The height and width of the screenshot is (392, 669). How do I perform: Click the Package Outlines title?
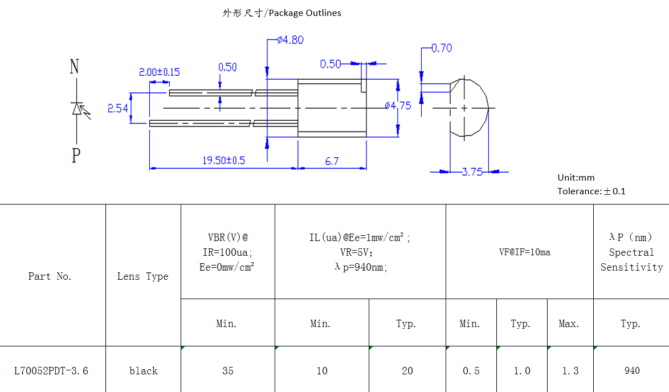pos(282,13)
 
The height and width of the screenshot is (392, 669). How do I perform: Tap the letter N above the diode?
pos(74,67)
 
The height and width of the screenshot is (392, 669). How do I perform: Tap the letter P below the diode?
pos(76,155)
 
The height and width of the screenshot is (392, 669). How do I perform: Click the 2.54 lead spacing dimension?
pos(118,108)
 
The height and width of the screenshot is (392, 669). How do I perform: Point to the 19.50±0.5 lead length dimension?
pos(223,161)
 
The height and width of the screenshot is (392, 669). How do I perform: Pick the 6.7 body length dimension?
pos(332,161)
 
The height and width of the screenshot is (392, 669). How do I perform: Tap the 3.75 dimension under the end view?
pos(471,172)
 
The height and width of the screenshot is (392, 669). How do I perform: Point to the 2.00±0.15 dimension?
pos(159,72)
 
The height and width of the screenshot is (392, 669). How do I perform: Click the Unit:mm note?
pos(576,177)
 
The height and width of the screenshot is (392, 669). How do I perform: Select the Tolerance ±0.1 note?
pos(591,191)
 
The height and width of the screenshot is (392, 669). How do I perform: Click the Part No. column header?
pos(50,276)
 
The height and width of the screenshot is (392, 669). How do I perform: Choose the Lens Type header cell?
pos(143,276)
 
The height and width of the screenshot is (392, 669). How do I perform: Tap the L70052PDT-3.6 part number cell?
pos(51,371)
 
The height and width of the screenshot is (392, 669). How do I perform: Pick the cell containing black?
pos(144,371)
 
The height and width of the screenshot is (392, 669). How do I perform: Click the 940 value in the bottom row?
pos(632,371)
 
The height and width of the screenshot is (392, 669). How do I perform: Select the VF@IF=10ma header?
pos(519,252)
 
